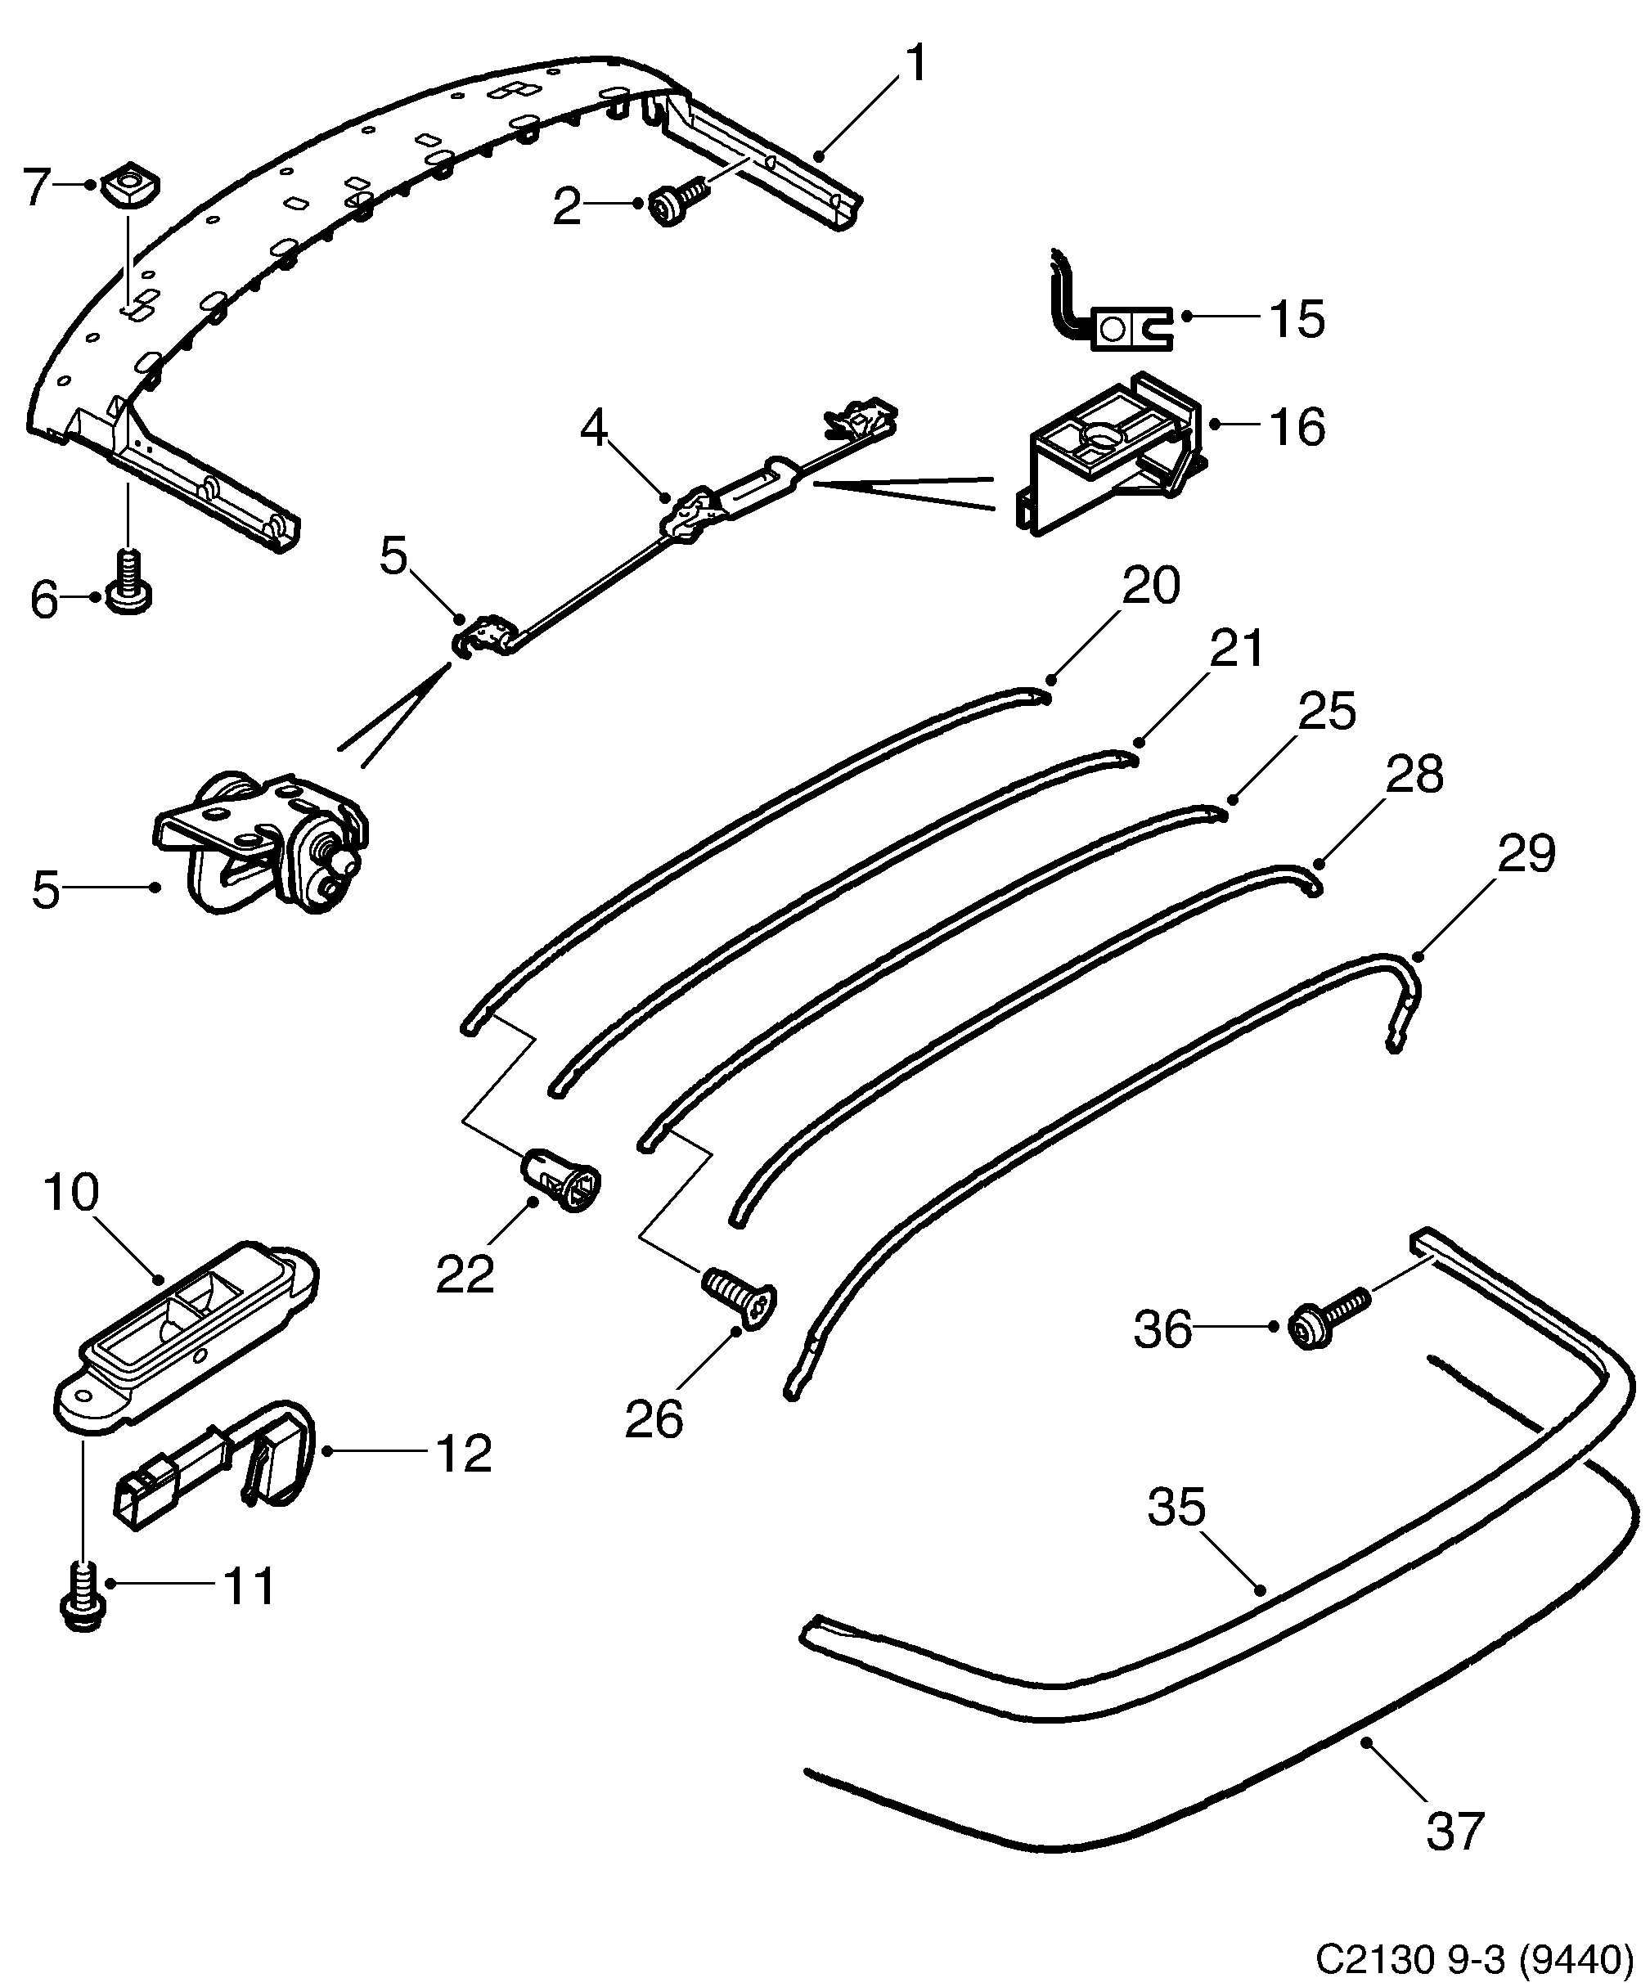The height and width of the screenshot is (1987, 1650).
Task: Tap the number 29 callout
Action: pyautogui.click(x=1526, y=854)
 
